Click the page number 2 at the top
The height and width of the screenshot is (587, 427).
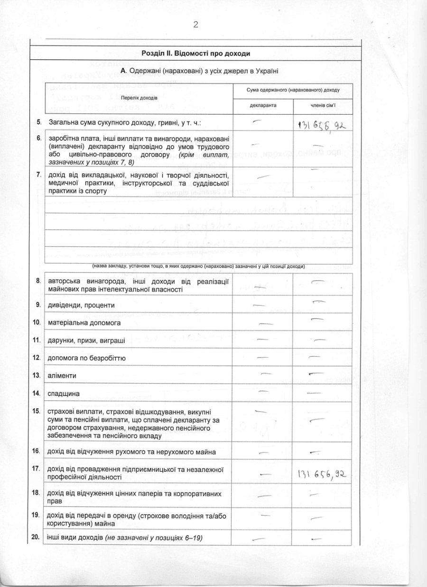195,25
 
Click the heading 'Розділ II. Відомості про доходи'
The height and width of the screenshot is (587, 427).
195,54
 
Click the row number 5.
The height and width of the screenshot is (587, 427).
39,122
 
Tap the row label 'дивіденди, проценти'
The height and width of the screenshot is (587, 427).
81,305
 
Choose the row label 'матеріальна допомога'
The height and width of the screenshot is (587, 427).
84,322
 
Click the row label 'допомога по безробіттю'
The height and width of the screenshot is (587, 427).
87,358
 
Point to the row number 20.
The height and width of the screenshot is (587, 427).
36,537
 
